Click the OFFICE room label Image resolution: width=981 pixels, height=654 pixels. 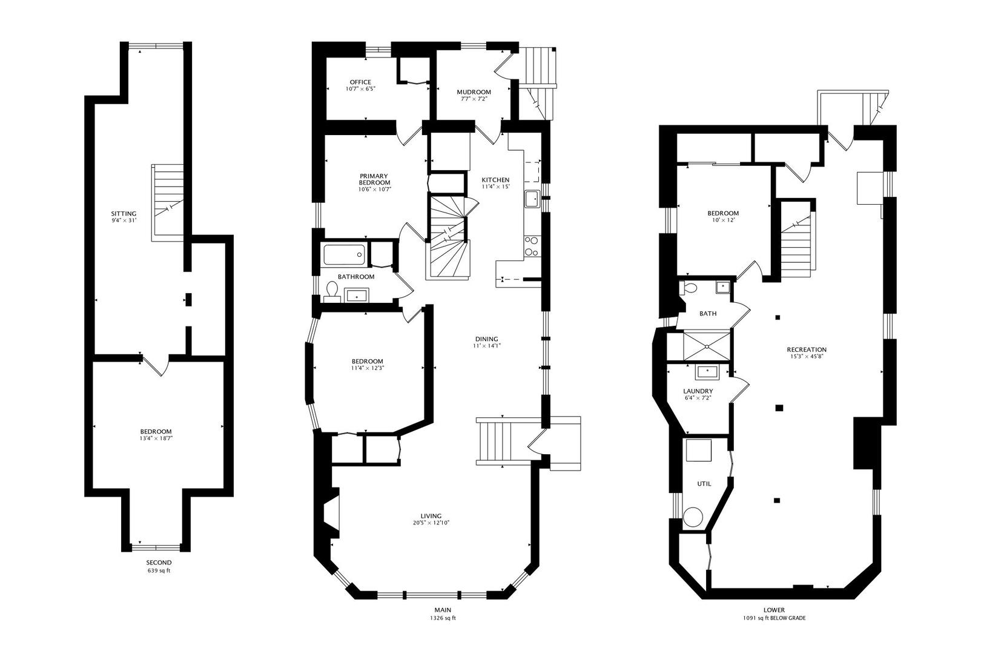pyautogui.click(x=360, y=82)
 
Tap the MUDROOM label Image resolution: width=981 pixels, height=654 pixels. pyautogui.click(x=474, y=92)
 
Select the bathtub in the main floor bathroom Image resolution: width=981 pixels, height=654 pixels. pyautogui.click(x=344, y=254)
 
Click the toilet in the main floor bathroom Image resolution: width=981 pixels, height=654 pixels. pyautogui.click(x=332, y=292)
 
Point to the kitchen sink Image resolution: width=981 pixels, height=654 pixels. pyautogui.click(x=533, y=199)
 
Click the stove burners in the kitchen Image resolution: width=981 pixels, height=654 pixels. pyautogui.click(x=532, y=246)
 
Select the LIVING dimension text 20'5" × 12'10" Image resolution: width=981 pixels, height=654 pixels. pyautogui.click(x=431, y=523)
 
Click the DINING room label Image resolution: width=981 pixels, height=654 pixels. pyautogui.click(x=486, y=339)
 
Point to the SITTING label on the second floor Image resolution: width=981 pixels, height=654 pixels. pyautogui.click(x=124, y=214)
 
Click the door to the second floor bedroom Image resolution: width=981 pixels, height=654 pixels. pyautogui.click(x=156, y=365)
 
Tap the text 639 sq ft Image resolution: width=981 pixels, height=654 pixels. pyautogui.click(x=159, y=571)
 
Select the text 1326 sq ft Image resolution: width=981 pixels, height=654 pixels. pyautogui.click(x=443, y=618)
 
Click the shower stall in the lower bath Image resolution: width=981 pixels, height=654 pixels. pyautogui.click(x=707, y=346)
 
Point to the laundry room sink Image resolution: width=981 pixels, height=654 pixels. pyautogui.click(x=707, y=372)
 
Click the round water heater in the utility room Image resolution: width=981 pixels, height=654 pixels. pyautogui.click(x=692, y=517)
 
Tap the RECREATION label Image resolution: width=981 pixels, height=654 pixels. pyautogui.click(x=807, y=349)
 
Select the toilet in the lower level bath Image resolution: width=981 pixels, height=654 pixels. pyautogui.click(x=688, y=288)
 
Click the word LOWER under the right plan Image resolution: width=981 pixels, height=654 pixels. pyautogui.click(x=775, y=610)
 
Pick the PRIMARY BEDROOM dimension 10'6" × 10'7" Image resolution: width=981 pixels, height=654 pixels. pyautogui.click(x=374, y=190)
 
